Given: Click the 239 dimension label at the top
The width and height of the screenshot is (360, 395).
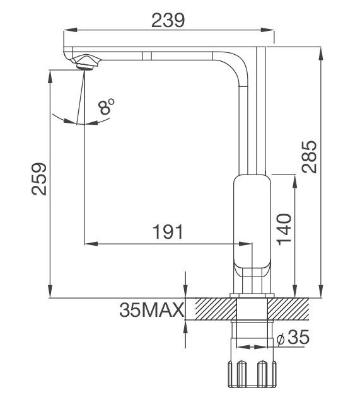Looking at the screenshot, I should click(x=168, y=20).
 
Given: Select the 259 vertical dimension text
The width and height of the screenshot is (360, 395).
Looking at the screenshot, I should click(x=39, y=180).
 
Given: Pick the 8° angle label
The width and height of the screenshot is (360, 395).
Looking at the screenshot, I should click(x=107, y=107).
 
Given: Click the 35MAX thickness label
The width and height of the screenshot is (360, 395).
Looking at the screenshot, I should click(x=151, y=310).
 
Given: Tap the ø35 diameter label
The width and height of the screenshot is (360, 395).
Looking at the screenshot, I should click(x=293, y=338).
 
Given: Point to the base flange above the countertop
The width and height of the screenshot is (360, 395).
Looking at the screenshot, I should click(x=252, y=295).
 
